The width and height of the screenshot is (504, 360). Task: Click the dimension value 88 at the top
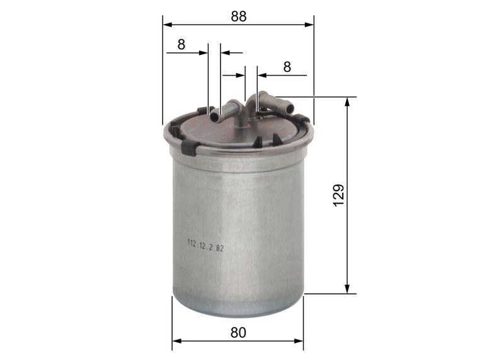(238, 17)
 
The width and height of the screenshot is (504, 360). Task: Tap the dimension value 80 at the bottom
(238, 332)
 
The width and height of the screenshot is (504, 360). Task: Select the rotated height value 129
(339, 195)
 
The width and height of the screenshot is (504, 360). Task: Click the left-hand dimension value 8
(181, 44)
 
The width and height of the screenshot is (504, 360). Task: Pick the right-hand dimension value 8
(287, 67)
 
